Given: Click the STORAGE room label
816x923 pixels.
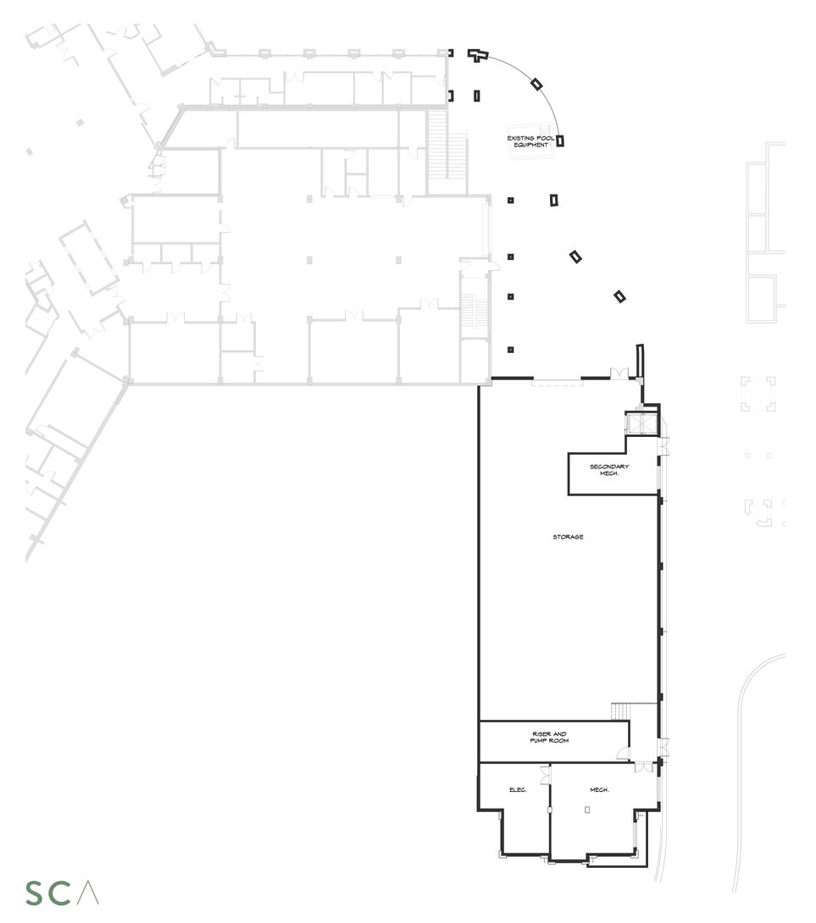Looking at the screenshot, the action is tap(568, 537).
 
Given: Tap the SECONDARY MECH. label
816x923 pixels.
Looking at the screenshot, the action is tap(609, 469).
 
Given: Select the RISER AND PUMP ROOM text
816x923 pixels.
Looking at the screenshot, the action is tap(550, 738).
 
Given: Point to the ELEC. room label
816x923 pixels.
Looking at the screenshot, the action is tap(518, 790).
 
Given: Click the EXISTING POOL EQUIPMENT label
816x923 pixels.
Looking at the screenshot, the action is tap(528, 141).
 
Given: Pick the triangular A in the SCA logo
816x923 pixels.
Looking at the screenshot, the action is tap(89, 893).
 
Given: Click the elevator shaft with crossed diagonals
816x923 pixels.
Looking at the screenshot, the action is tap(641, 423).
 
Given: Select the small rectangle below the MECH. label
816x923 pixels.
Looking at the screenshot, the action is tap(586, 810).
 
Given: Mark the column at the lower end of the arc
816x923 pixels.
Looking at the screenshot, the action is tap(559, 141).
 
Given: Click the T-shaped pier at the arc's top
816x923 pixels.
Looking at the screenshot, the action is tap(479, 55).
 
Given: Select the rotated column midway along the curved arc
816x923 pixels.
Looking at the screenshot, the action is tap(536, 83).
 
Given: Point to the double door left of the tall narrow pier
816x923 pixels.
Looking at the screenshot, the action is tap(619, 373).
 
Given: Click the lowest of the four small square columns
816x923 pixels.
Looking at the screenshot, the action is tap(510, 349).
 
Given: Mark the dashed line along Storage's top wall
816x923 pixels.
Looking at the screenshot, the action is tap(557, 383).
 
